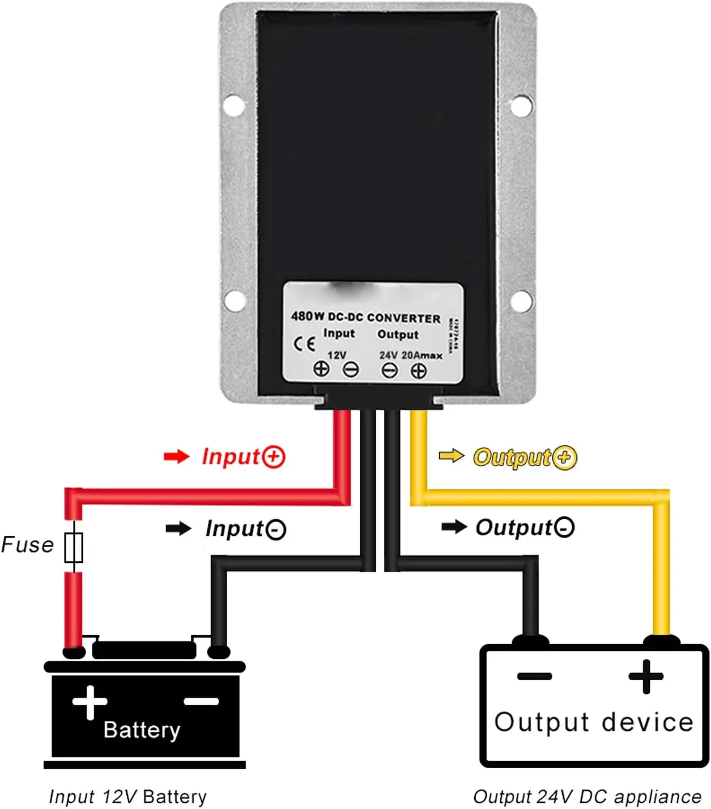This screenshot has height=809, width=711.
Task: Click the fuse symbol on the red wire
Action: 74,547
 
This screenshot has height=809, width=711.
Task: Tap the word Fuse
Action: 27,545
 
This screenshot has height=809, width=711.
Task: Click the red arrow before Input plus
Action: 176,456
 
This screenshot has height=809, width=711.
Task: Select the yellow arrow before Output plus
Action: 452,455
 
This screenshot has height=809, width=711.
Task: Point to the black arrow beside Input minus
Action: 178,528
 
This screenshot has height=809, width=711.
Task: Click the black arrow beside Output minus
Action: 454,527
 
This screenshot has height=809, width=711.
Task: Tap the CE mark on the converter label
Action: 304,344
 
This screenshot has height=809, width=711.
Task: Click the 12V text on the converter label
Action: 337,355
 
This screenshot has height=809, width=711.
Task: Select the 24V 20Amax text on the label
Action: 411,355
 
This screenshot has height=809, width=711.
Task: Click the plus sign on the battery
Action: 90,702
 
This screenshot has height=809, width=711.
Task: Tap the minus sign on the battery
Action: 201,702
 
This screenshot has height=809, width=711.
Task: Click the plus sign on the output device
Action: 646,676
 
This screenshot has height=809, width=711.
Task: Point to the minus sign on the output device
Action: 534,676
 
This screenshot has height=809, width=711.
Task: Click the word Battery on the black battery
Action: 142,730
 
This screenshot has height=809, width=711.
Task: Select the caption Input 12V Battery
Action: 128,797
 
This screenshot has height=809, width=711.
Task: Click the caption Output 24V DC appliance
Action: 587,797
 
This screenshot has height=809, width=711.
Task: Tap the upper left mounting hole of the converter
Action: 233,105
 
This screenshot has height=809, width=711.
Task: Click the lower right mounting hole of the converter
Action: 521,300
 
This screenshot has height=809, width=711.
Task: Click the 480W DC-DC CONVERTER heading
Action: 365,317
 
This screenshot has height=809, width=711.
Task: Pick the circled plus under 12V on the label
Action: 321,369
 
